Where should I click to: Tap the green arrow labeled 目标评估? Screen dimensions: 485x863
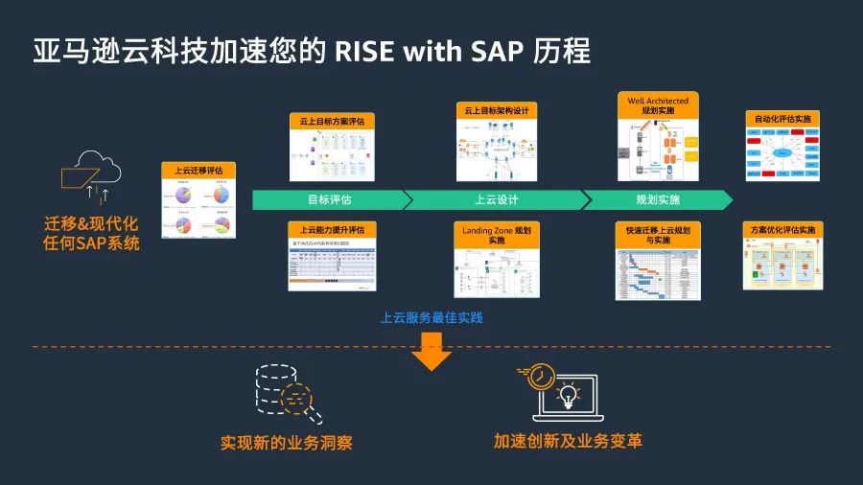point(329,200)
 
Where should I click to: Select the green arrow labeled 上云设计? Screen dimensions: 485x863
point(496,200)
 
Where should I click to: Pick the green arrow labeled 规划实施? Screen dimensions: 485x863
point(658,200)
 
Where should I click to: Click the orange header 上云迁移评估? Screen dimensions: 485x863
point(198,171)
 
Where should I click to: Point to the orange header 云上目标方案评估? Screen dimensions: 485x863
point(333,122)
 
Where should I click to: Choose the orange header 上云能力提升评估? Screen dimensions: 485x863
point(333,230)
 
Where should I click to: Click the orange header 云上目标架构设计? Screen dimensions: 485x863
point(496,111)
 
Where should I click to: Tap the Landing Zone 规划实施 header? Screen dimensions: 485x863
point(496,236)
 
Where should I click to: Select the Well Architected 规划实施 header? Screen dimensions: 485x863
point(658,105)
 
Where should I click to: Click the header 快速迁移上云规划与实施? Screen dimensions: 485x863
point(658,235)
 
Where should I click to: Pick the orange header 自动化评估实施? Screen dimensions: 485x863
point(782,119)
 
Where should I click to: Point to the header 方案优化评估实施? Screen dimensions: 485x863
point(782,230)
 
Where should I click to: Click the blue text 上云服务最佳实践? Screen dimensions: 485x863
point(431,317)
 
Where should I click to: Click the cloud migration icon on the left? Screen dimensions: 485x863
point(92,177)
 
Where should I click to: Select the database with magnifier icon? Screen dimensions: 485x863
point(286,393)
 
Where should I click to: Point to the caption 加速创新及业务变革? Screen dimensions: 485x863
point(568,442)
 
